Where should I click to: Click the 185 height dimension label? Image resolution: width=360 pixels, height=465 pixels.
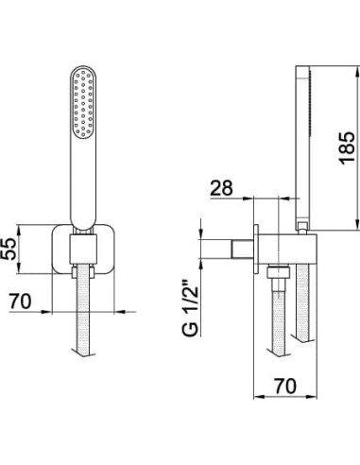(347, 148)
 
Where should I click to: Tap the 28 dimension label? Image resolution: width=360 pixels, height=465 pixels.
(222, 188)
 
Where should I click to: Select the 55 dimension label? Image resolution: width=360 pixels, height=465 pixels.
(8, 249)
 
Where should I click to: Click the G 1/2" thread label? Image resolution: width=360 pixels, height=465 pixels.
(190, 308)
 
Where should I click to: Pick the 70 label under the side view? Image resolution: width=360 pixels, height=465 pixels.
(285, 386)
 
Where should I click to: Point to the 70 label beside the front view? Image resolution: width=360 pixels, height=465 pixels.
(20, 301)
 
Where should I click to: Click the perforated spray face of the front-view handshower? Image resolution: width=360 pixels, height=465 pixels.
(83, 103)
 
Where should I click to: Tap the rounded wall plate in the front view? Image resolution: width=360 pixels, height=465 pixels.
(83, 249)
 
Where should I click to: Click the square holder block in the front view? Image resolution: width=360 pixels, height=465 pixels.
(83, 250)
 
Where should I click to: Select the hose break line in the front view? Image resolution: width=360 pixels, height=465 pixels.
(83, 353)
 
